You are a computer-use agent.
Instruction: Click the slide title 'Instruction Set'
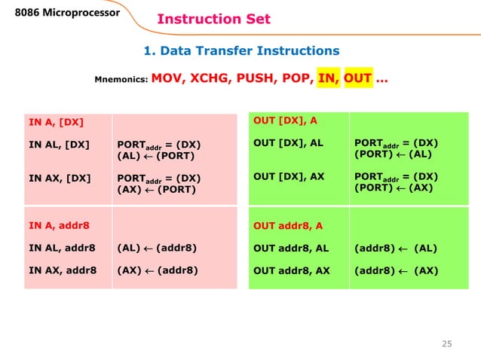pos(213,20)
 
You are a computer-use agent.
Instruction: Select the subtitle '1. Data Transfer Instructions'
pos(241,51)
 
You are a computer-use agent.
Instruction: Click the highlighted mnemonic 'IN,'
pos(328,78)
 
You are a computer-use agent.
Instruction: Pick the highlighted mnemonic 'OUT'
pos(357,78)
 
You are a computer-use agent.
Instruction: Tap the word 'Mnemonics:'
pos(121,79)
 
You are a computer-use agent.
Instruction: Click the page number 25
pos(446,344)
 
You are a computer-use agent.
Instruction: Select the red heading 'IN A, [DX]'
pos(56,121)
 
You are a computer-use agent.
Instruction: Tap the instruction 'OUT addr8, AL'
pos(291,247)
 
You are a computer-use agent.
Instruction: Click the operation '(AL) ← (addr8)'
pos(157,246)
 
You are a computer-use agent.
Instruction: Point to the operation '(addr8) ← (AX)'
pos(396,268)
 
